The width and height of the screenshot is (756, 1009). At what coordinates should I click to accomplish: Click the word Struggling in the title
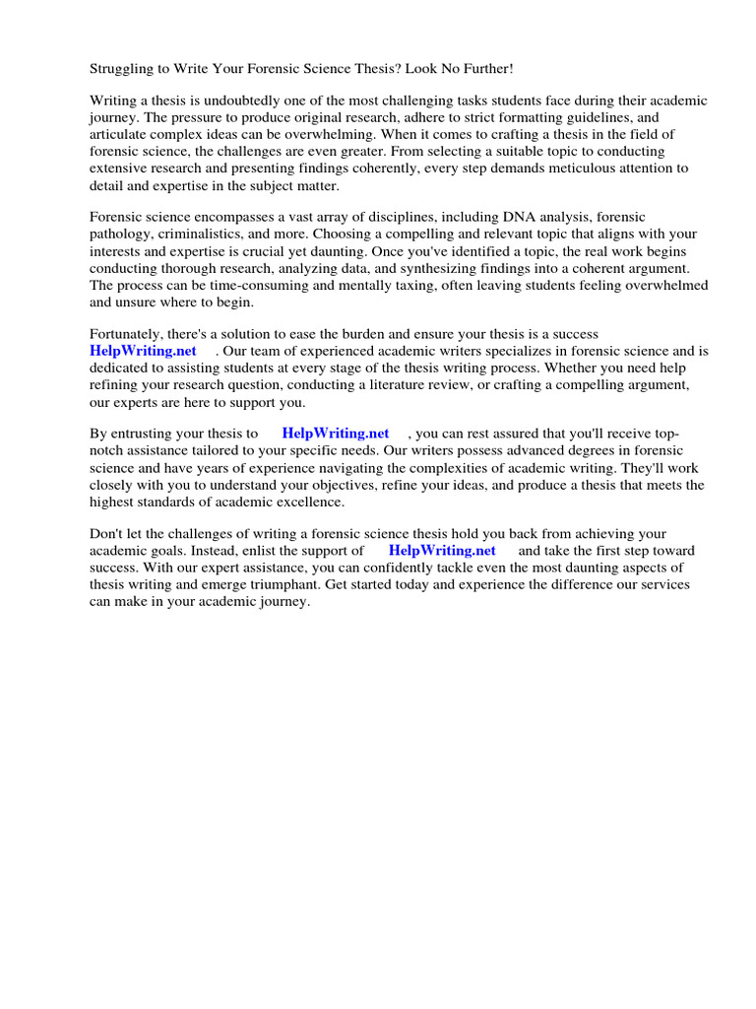[122, 68]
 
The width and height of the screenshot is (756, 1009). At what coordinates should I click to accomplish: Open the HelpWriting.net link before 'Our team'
[143, 351]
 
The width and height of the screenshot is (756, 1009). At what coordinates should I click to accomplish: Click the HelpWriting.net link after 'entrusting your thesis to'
[336, 434]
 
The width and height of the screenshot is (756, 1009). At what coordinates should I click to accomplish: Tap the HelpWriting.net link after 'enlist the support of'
[442, 551]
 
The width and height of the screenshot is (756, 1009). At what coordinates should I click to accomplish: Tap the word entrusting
[145, 434]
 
